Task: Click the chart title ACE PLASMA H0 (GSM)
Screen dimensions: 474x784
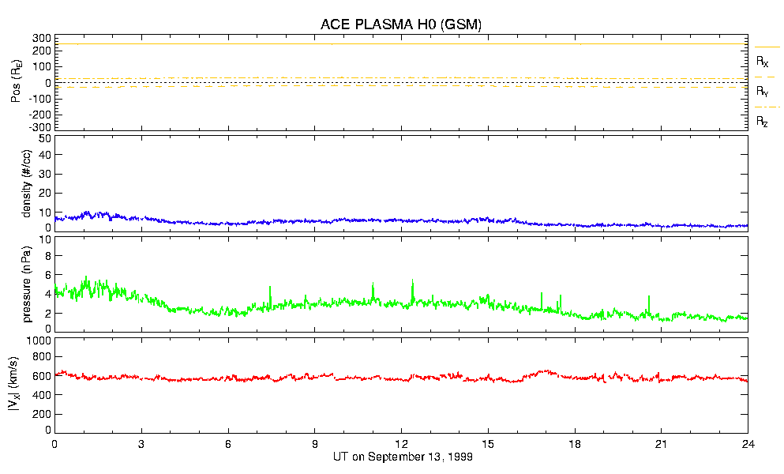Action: coord(401,24)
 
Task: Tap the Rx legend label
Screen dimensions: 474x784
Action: coord(763,61)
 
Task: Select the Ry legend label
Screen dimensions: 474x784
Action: coord(763,92)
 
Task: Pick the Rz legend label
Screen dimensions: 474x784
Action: coord(763,122)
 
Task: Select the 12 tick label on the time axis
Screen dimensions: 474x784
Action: coord(401,445)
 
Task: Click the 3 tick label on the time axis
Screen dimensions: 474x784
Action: coord(141,445)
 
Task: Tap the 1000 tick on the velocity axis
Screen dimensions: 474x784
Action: coord(39,340)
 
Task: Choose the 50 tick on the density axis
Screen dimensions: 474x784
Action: coord(44,139)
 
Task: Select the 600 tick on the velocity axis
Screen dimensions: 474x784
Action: coord(42,377)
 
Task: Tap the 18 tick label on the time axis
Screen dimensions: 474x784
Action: coord(575,445)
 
